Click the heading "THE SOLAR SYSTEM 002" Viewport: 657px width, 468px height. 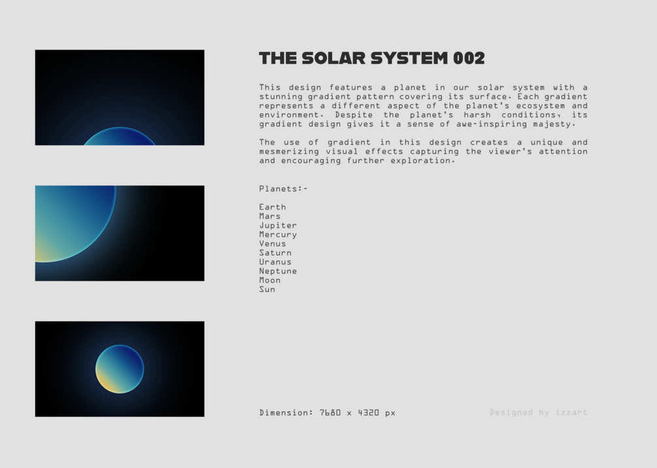coord(372,58)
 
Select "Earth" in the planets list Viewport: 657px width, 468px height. coord(273,207)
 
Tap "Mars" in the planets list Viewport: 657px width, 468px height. coord(270,217)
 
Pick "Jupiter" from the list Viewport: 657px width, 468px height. coord(278,226)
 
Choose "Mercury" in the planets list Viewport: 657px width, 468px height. coord(278,235)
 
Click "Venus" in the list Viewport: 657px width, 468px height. coord(273,243)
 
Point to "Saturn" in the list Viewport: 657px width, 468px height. coord(275,253)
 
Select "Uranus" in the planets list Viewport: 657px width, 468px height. coord(275,262)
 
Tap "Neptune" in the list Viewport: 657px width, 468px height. coord(278,272)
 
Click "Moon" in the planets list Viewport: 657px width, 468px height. coord(270,280)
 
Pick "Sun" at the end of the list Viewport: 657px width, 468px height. coord(267,289)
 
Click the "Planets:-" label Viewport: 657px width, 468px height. coord(283,189)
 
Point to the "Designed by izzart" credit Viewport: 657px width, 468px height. coord(539,412)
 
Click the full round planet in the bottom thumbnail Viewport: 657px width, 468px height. coord(120,369)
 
